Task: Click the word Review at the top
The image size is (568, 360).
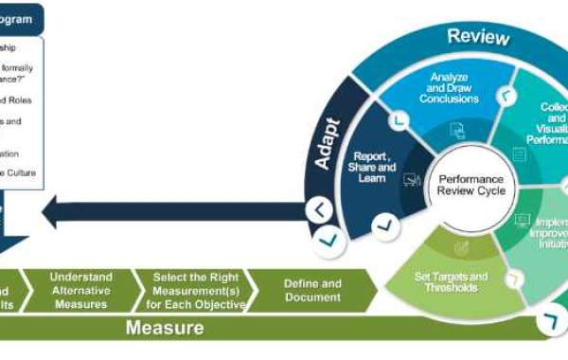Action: tap(478, 38)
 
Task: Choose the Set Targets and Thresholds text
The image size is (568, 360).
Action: tap(452, 281)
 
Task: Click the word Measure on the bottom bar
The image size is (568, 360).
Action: tap(166, 329)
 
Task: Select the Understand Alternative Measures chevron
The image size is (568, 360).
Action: tap(80, 291)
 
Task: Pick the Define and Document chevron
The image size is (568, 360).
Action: tap(312, 291)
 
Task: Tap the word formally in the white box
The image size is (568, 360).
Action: tap(23, 66)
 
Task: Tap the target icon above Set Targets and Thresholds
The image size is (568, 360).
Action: tap(461, 247)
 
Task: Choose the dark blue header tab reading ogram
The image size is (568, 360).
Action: tap(23, 18)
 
